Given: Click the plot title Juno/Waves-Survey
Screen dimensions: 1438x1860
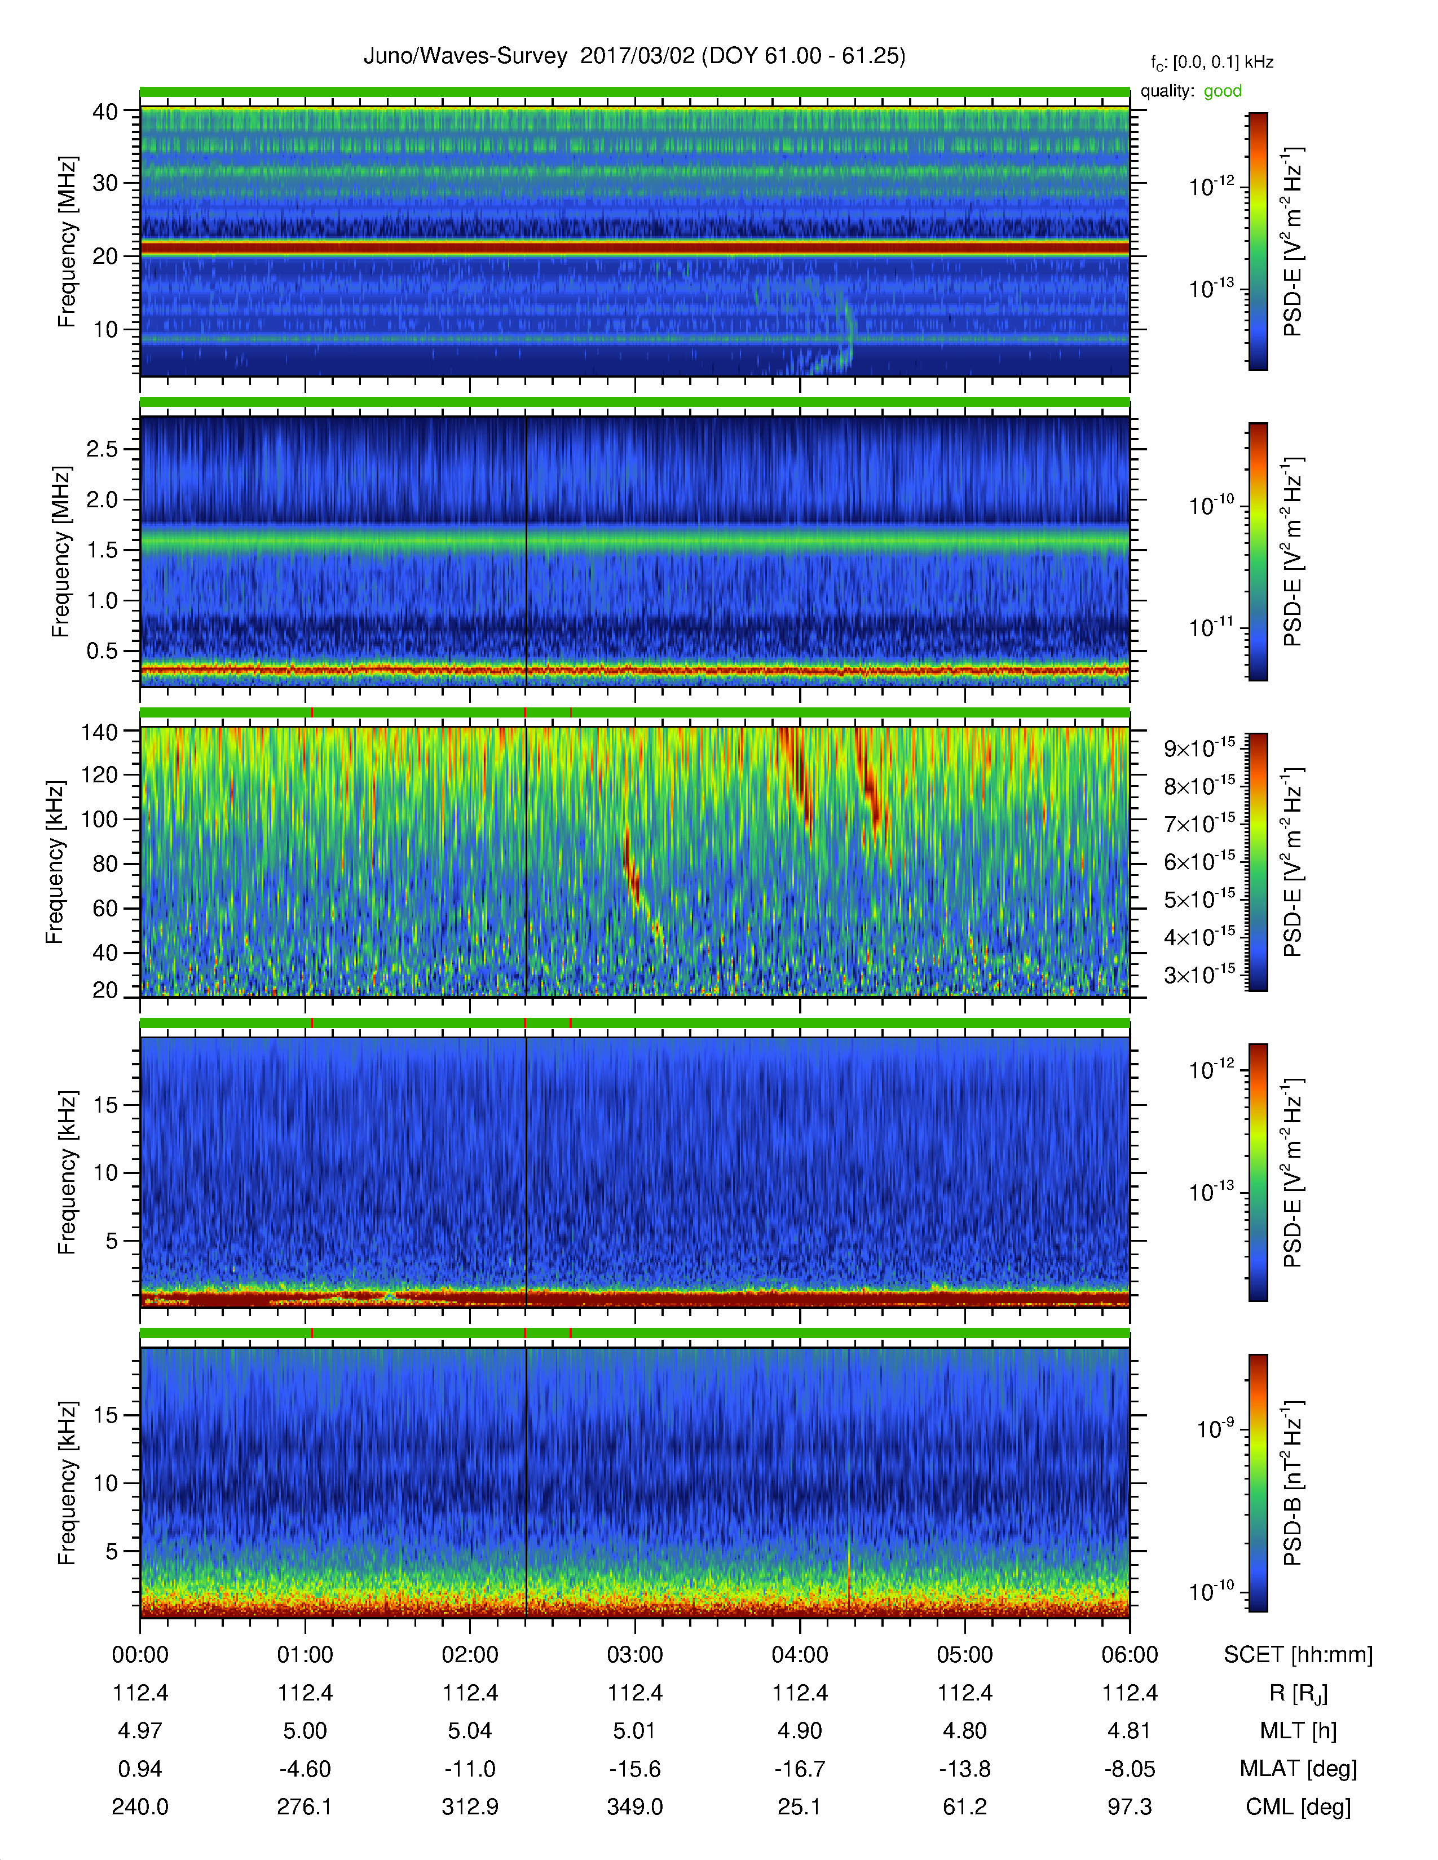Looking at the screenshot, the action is (465, 56).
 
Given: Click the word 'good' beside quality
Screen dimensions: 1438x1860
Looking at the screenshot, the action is (1223, 91).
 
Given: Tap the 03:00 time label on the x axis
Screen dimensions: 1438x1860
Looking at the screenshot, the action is (634, 1655).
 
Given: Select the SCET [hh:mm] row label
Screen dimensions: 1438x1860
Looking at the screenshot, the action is (1298, 1655).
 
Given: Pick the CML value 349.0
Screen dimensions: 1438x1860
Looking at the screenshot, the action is (634, 1806).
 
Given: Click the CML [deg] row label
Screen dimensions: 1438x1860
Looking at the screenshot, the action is (1298, 1807).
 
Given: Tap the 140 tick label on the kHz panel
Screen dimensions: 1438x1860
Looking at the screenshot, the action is (99, 732).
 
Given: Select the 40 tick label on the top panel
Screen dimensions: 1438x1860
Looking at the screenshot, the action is (105, 112).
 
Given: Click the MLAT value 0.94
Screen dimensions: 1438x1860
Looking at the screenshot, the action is (140, 1769).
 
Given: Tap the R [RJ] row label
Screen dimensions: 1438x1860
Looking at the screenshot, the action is (1298, 1693).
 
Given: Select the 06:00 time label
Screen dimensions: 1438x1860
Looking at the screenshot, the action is (1130, 1655).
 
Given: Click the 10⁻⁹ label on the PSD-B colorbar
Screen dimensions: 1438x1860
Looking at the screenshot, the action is (1215, 1428).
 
